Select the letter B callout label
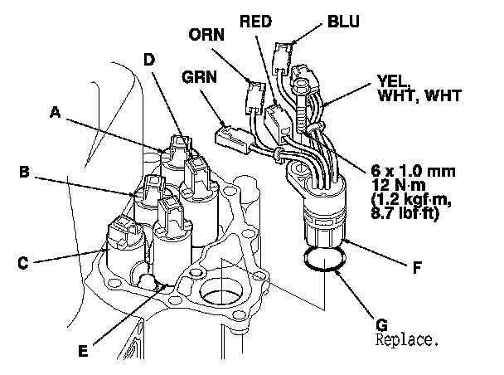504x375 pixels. [26, 173]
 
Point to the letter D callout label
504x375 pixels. [149, 60]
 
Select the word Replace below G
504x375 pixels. [405, 340]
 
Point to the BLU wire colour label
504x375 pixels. [343, 21]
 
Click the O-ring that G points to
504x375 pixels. [323, 260]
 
